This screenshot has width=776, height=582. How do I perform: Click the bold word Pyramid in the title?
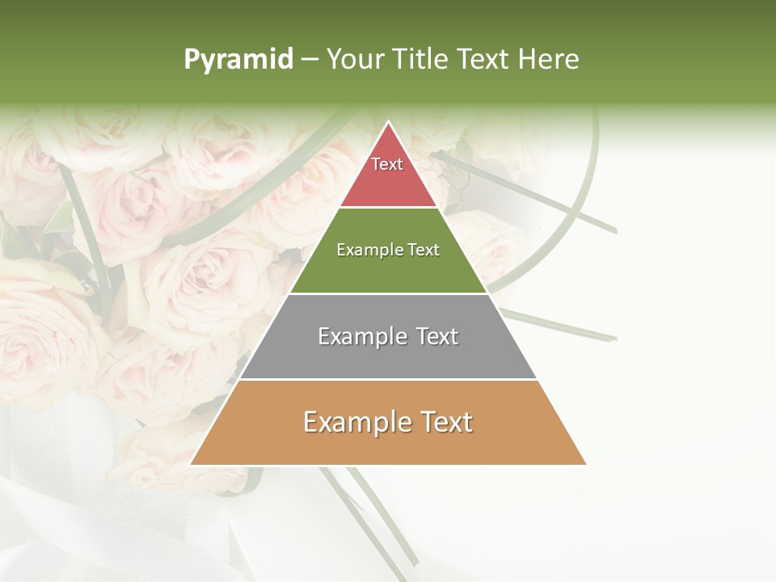click(238, 60)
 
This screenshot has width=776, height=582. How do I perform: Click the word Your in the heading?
click(356, 60)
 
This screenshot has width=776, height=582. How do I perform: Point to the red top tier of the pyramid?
click(388, 182)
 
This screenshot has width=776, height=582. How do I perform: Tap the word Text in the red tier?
click(387, 164)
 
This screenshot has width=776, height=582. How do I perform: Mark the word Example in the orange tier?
click(353, 422)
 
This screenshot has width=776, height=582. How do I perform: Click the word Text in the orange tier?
click(445, 422)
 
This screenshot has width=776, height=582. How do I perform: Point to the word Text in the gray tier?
click(436, 336)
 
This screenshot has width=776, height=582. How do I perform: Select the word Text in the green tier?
click(424, 251)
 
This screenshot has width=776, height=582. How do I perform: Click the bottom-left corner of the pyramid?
click(191, 464)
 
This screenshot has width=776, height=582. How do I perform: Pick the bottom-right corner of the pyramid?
click(585, 464)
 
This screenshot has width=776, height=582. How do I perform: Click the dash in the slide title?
click(310, 60)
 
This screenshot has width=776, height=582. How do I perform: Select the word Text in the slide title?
click(483, 60)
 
